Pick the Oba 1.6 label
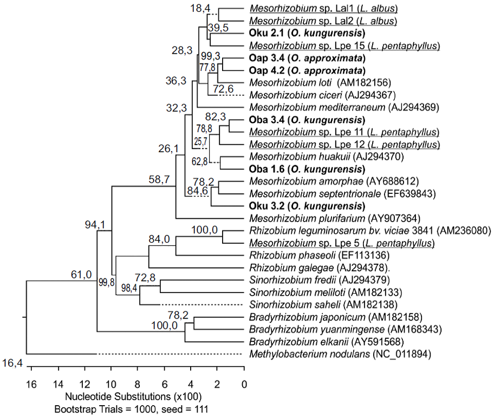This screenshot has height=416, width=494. click(x=305, y=169)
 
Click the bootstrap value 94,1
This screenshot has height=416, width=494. click(x=96, y=224)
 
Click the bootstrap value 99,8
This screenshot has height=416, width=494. click(x=106, y=282)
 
